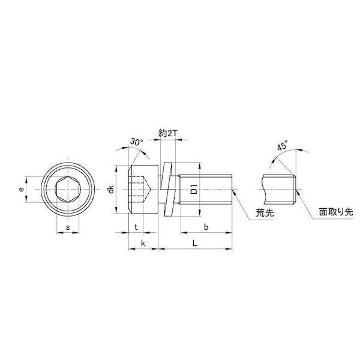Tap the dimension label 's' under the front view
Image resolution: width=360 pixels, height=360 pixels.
pos(67,228)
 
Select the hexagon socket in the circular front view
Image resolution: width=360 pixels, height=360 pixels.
pos(67,190)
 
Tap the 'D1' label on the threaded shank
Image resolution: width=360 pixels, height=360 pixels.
pos(193,190)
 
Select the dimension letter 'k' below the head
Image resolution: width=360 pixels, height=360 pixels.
pos(143,244)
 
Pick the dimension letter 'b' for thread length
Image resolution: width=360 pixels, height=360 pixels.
pos(206,228)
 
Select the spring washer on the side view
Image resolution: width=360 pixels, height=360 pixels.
pos(167,190)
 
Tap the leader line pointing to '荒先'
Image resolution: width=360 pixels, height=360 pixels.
pos(242,204)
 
